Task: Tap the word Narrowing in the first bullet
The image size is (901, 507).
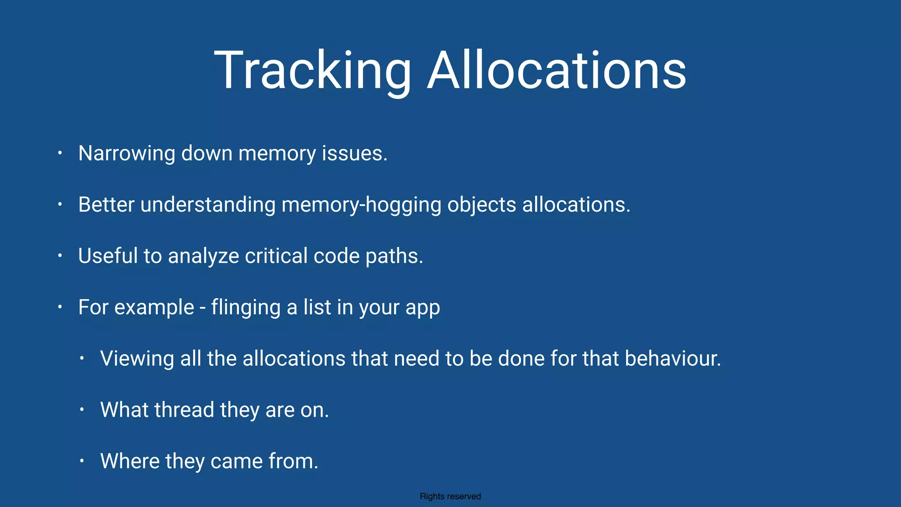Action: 127,154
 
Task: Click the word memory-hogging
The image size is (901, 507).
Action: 361,205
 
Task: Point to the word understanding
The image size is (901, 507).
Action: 208,205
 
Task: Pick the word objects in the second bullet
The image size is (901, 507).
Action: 482,205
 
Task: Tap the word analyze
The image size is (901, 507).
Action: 203,256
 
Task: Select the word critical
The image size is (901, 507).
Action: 276,256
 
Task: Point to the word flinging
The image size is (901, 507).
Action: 246,308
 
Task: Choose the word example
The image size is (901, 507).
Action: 154,308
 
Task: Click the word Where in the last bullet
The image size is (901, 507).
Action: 130,461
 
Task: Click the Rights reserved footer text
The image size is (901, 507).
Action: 450,496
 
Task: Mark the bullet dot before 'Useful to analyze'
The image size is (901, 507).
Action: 60,256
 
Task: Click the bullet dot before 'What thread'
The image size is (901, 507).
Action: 82,410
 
